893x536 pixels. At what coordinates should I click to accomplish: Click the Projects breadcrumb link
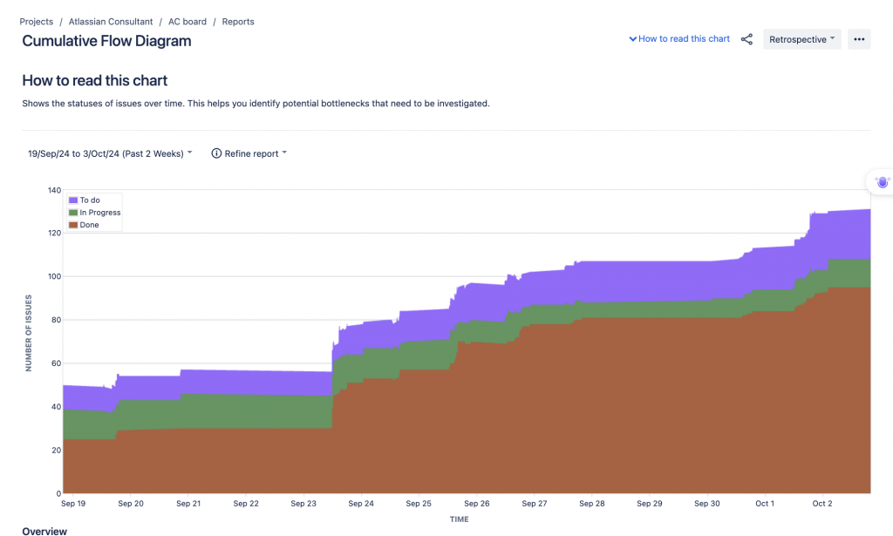(37, 21)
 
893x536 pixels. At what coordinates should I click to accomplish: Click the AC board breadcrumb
(187, 21)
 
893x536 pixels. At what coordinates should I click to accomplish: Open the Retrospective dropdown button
(801, 39)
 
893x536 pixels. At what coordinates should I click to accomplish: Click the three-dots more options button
(859, 39)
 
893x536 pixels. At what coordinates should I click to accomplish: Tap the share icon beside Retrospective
(746, 39)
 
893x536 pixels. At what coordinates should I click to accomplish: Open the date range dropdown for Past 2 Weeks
(110, 153)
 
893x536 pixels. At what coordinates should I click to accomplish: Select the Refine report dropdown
(249, 153)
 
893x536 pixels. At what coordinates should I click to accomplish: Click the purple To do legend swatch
(73, 200)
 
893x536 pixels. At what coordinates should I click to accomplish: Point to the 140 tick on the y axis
(54, 190)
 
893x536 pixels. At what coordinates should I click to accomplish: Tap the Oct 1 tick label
(765, 504)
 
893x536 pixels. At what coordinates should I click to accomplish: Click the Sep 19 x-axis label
(73, 504)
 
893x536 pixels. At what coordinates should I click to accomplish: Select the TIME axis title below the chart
(459, 519)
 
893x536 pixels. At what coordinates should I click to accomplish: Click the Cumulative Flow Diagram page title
(106, 41)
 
